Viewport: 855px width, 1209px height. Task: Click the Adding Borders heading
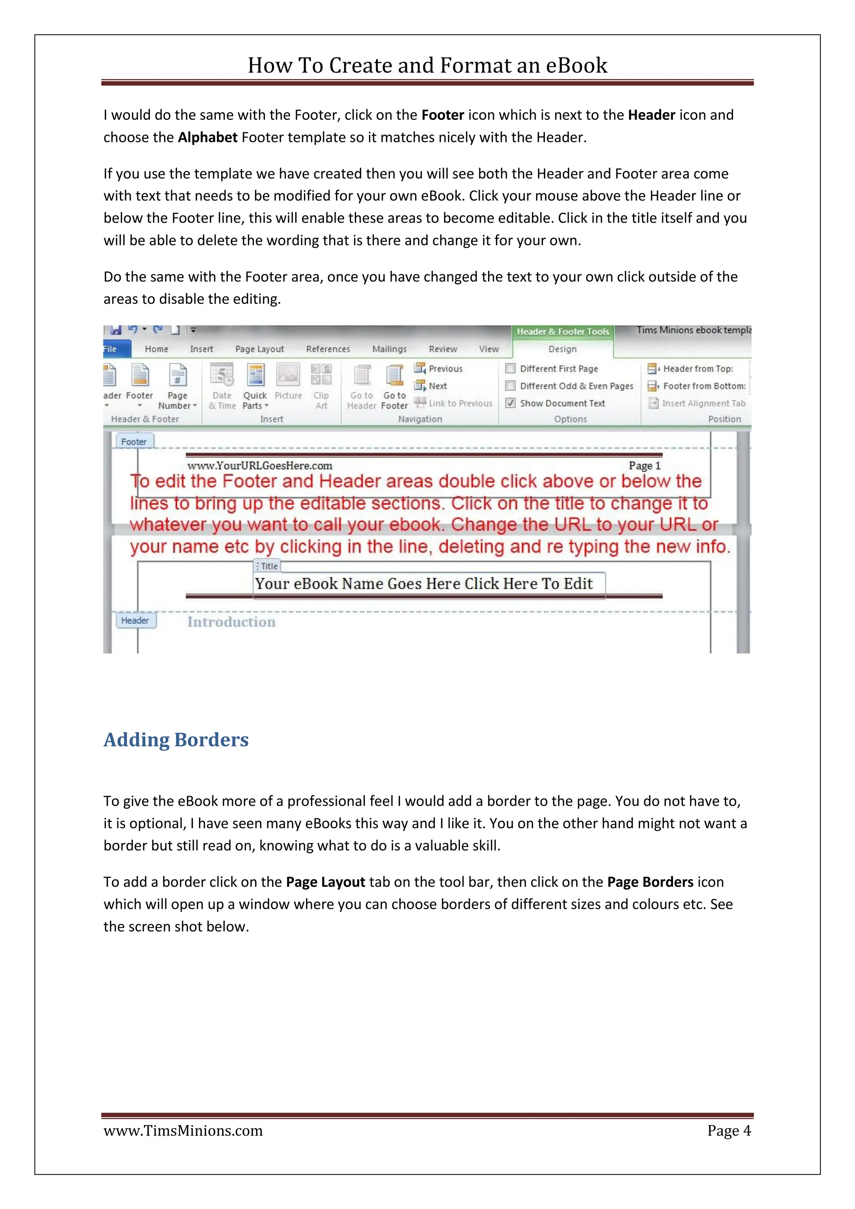[176, 740]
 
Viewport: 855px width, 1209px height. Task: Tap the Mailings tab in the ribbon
[389, 349]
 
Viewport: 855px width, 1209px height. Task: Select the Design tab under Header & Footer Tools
[562, 349]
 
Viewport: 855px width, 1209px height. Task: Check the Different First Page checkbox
[510, 369]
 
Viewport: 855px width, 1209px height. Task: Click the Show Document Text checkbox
[510, 403]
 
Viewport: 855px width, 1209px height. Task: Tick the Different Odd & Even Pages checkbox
[510, 386]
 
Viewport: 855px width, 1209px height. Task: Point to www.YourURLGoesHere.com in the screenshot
[260, 465]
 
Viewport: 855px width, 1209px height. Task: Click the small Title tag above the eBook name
[268, 566]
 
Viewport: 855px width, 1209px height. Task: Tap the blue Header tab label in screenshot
[135, 620]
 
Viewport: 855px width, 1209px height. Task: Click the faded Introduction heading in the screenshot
[231, 622]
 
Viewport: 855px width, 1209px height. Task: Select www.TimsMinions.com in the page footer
[183, 1131]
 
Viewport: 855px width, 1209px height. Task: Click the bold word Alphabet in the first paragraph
[207, 137]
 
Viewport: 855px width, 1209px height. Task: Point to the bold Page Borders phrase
[650, 882]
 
